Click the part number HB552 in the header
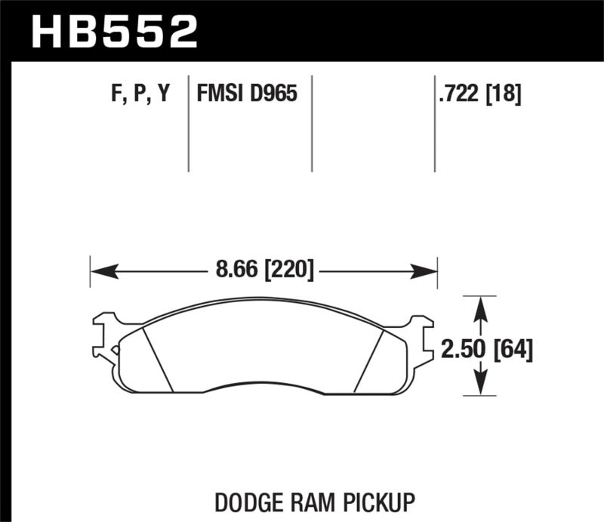(x=114, y=32)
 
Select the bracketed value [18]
(x=505, y=94)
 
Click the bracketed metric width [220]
(x=288, y=268)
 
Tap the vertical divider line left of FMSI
(x=188, y=125)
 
